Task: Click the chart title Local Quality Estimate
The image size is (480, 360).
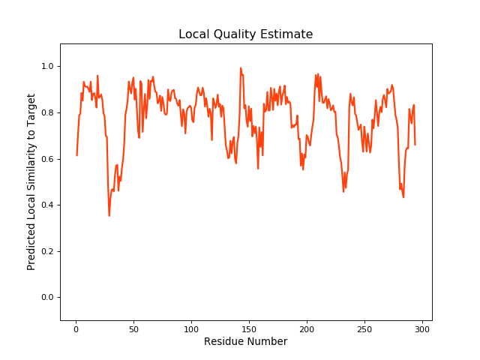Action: click(245, 34)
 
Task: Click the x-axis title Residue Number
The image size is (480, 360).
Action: click(245, 342)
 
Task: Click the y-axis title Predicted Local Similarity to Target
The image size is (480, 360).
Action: click(31, 181)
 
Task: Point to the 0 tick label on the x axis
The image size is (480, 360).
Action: click(76, 328)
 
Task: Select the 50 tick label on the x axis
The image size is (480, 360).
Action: click(133, 328)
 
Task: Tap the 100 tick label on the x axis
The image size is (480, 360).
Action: click(191, 328)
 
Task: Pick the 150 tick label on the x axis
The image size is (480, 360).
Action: click(249, 328)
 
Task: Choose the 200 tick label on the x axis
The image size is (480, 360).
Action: click(307, 328)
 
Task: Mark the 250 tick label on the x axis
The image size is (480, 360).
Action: click(364, 328)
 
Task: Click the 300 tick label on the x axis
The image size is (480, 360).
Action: click(422, 328)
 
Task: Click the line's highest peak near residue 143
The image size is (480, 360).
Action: click(241, 68)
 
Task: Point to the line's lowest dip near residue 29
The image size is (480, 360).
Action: click(109, 216)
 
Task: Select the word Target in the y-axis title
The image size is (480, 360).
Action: click(31, 109)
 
